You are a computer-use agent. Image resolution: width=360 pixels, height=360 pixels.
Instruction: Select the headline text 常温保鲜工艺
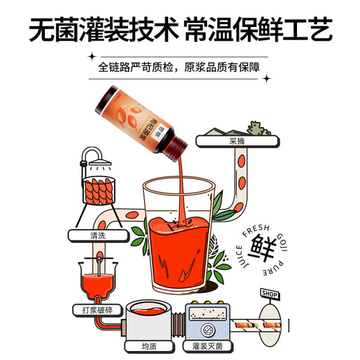pyautogui.click(x=260, y=30)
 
